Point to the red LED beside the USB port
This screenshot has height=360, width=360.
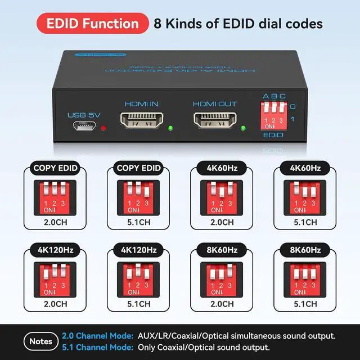pyautogui.click(x=103, y=129)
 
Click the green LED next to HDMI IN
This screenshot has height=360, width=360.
pyautogui.click(x=170, y=128)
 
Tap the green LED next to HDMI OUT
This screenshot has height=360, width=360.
pyautogui.click(x=243, y=128)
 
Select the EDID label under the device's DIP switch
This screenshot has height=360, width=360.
pyautogui.click(x=273, y=136)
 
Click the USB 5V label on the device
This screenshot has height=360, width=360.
pyautogui.click(x=84, y=115)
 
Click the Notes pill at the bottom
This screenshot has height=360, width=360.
pyautogui.click(x=40, y=341)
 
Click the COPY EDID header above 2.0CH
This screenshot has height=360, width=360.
pyautogui.click(x=56, y=168)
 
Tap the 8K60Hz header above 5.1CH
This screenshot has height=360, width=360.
pyautogui.click(x=304, y=249)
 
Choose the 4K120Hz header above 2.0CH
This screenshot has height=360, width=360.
pyautogui.click(x=56, y=249)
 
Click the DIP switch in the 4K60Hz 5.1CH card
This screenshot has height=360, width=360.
pyautogui.click(x=304, y=195)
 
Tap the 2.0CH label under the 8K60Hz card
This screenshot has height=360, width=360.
pyautogui.click(x=221, y=304)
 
